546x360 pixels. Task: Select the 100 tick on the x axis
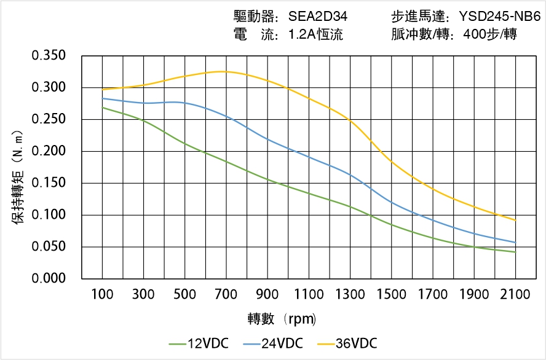point(102,295)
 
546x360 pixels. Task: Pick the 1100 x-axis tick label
point(309,295)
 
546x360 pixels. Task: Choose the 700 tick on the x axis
point(226,295)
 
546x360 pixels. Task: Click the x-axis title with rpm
point(282,319)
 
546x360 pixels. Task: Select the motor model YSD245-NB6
point(499,17)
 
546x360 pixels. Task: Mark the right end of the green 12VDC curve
point(515,252)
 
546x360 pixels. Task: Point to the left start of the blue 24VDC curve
point(103,98)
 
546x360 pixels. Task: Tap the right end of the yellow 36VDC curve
point(515,220)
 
